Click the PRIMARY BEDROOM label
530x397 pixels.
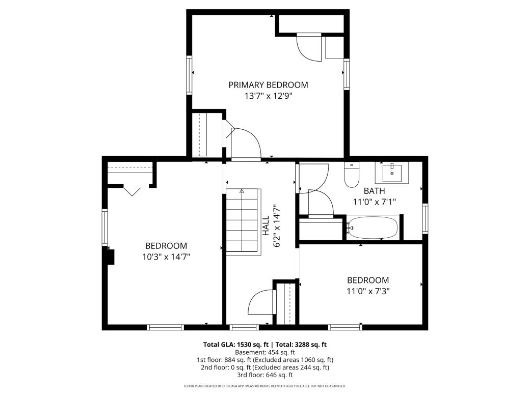[x=268, y=85]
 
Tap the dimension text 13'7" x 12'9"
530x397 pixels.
[x=268, y=96]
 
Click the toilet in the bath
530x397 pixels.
[x=352, y=175]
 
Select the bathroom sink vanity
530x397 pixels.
[x=392, y=173]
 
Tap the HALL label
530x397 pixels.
[x=266, y=227]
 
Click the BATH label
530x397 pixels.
[x=374, y=191]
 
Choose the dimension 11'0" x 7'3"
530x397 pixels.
[x=367, y=291]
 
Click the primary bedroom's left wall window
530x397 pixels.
[x=190, y=75]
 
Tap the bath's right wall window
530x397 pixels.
[x=425, y=219]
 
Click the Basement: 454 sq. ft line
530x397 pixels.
[x=264, y=352]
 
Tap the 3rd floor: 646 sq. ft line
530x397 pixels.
[x=264, y=375]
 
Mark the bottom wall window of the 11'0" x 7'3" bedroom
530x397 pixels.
[x=345, y=327]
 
